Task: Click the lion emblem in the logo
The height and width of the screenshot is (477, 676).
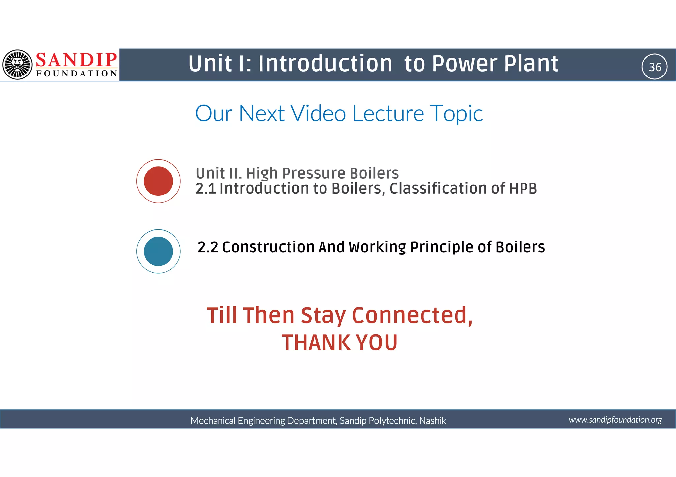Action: click(17, 65)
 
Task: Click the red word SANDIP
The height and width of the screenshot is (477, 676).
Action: click(76, 60)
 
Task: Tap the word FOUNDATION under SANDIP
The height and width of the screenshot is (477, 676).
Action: click(77, 73)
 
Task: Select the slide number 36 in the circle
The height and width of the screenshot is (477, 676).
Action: click(655, 67)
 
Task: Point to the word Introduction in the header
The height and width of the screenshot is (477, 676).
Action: click(325, 63)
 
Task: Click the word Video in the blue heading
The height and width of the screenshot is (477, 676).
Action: click(318, 113)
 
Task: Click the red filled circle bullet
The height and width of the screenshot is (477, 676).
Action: click(158, 181)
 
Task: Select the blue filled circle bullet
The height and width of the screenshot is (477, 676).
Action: click(158, 251)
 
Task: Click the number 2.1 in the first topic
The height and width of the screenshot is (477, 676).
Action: click(205, 189)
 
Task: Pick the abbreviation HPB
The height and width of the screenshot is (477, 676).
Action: click(523, 188)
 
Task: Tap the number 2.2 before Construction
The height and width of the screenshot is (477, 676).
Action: click(208, 247)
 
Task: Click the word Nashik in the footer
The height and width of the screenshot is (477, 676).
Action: click(432, 420)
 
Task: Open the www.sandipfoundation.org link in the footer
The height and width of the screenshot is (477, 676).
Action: click(615, 420)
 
